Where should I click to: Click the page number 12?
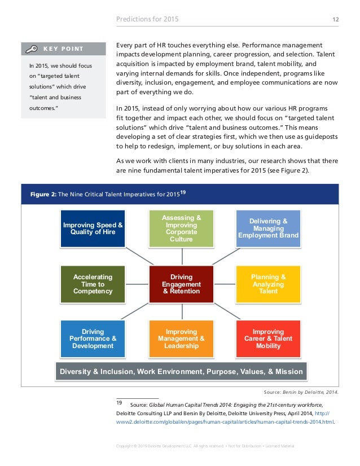[x=336, y=19]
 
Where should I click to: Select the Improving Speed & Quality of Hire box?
[x=93, y=228]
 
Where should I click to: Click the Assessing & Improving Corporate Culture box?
[x=181, y=228]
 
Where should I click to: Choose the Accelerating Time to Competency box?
[x=93, y=284]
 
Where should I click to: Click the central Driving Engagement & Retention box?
[x=181, y=284]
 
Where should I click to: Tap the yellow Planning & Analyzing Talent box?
[x=269, y=284]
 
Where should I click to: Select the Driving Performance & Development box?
[x=93, y=338]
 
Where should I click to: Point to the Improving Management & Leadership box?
[x=181, y=338]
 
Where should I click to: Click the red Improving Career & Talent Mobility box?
[x=269, y=338]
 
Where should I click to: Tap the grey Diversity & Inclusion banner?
[x=181, y=372]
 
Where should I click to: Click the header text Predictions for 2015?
[x=147, y=20]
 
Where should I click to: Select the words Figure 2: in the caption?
[x=42, y=195]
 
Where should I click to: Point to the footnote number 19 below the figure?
[x=119, y=403]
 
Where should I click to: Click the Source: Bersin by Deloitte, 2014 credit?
[x=301, y=392]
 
